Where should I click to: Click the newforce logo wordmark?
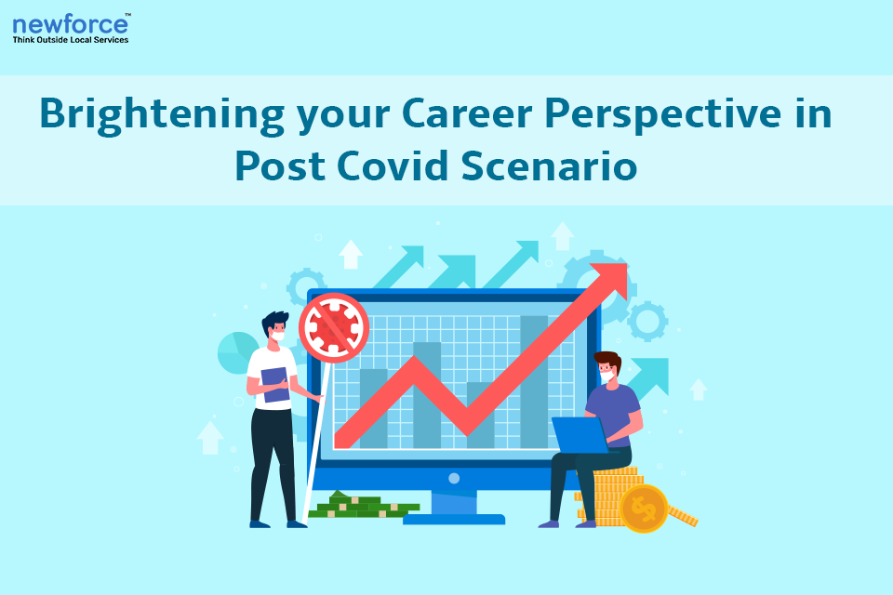pos(71,24)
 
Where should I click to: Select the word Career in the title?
pos(467,112)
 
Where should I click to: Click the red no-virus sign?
pos(334,328)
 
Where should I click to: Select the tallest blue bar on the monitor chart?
pos(534,381)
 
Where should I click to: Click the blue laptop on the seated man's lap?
pos(580,435)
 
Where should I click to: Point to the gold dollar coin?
pos(644,509)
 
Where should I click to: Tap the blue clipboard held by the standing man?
pos(275,385)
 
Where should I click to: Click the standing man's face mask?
pos(278,336)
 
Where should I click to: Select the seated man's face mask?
pos(606,376)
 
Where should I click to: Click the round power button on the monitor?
pos(454,478)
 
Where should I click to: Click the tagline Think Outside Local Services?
pos(71,40)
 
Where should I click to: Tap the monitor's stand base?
pos(454,520)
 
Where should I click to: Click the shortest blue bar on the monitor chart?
pos(374,408)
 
